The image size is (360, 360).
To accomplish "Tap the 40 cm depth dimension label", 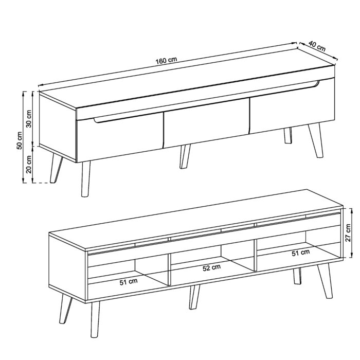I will point(318,46).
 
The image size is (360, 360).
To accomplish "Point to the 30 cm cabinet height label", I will point(29,118).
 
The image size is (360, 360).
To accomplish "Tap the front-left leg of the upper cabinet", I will point(85,180).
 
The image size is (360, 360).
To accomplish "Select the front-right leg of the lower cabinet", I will point(325,282).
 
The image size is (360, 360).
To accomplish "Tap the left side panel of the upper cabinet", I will point(57,126).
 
